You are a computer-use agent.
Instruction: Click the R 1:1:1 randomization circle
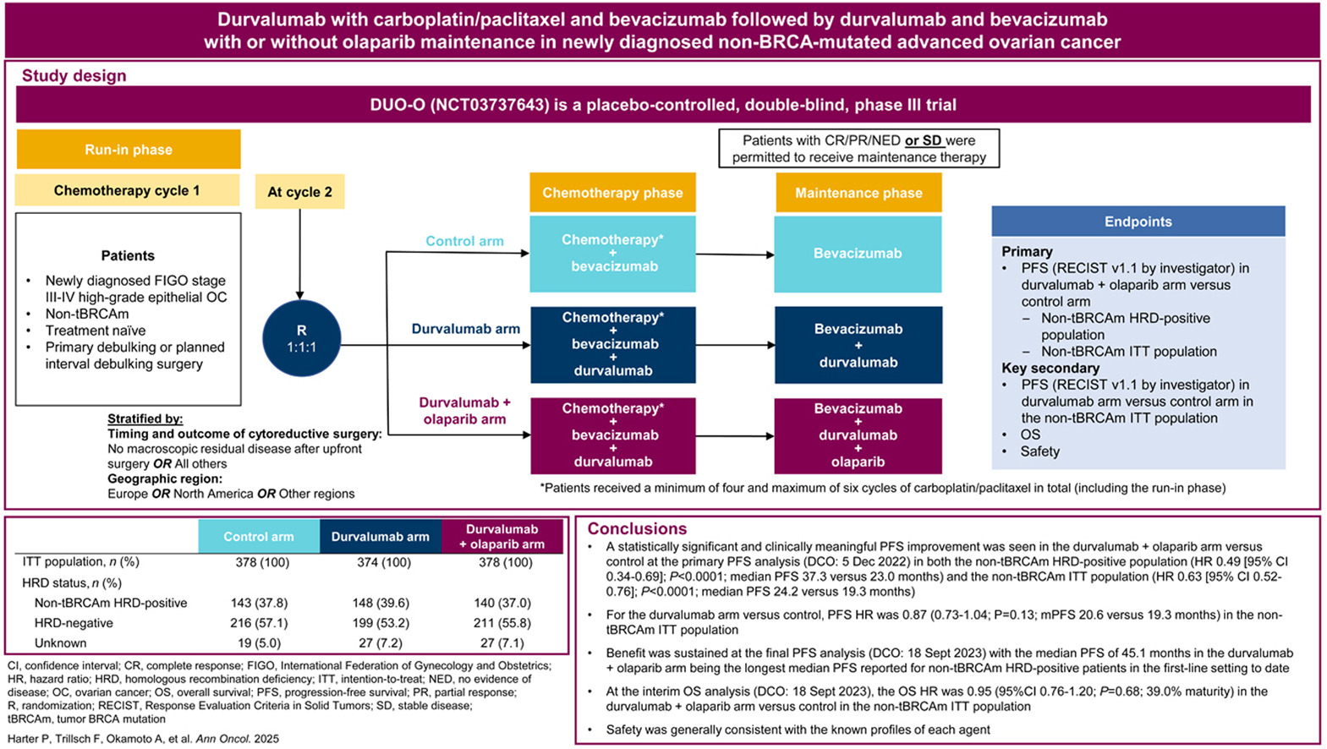pyautogui.click(x=302, y=338)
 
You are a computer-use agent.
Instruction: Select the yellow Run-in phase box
pyautogui.click(x=129, y=150)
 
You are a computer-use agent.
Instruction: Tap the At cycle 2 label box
pyautogui.click(x=299, y=192)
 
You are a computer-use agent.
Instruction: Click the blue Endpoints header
pyautogui.click(x=1138, y=221)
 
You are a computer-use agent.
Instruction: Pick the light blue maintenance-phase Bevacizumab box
pyautogui.click(x=858, y=254)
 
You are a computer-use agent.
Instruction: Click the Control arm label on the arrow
pyautogui.click(x=464, y=241)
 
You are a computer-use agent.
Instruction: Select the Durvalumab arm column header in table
pyautogui.click(x=380, y=537)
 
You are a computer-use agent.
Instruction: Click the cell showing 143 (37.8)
pyautogui.click(x=259, y=603)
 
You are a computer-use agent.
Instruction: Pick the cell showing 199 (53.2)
pyautogui.click(x=381, y=623)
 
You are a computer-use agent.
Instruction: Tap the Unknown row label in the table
pyautogui.click(x=60, y=643)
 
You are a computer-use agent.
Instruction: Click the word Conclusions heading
pyautogui.click(x=637, y=528)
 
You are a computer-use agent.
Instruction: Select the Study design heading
pyautogui.click(x=74, y=75)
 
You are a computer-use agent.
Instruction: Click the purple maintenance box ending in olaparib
pyautogui.click(x=858, y=435)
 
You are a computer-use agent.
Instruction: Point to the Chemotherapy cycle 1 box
pyautogui.click(x=127, y=190)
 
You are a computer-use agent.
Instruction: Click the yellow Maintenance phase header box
pyautogui.click(x=858, y=193)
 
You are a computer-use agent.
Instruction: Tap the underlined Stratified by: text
pyautogui.click(x=145, y=418)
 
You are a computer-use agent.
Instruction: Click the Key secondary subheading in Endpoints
pyautogui.click(x=1050, y=368)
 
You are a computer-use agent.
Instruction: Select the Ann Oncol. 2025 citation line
pyautogui.click(x=142, y=738)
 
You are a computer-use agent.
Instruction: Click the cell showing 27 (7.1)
pyautogui.click(x=502, y=643)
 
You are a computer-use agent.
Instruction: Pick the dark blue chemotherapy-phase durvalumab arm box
pyautogui.click(x=612, y=344)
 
